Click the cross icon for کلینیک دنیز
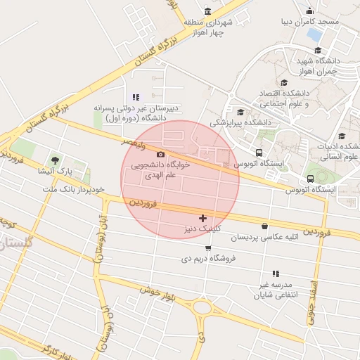(x=203, y=219)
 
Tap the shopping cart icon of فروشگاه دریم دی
(x=207, y=247)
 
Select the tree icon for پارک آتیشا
(x=55, y=161)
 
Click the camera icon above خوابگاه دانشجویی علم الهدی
(x=160, y=154)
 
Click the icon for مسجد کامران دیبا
(x=310, y=11)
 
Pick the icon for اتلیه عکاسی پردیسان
(x=264, y=226)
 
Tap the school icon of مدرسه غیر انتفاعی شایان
(x=275, y=274)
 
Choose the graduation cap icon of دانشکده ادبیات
(x=342, y=136)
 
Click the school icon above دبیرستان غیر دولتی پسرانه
(x=136, y=97)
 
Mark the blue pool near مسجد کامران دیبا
(x=314, y=33)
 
